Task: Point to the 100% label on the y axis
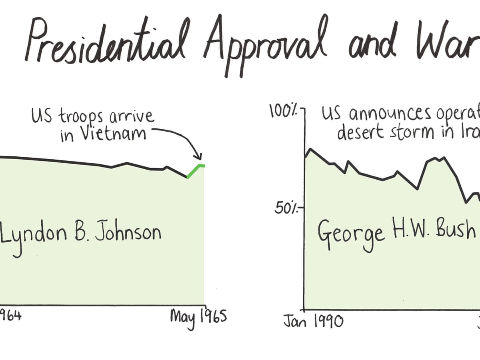(x=284, y=110)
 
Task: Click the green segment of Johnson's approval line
(x=196, y=170)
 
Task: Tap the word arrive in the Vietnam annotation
(x=132, y=116)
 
